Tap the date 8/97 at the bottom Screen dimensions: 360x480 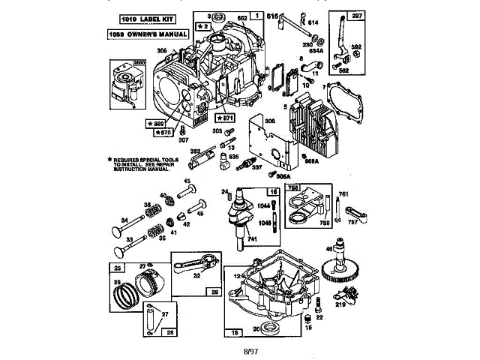240,350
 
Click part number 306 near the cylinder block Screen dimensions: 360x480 161,50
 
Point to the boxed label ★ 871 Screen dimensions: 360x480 225,118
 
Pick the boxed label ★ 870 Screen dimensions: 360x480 161,133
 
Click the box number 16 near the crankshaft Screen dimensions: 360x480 274,191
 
